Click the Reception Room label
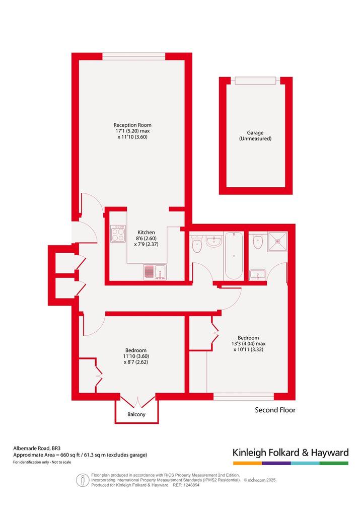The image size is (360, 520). pos(132,125)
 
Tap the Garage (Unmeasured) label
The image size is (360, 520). pos(255,135)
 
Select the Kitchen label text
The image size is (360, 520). pos(146,233)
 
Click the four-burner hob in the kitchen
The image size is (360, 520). pos(118,234)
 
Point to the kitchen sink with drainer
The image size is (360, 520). pos(155,272)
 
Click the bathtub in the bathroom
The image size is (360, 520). pos(234,256)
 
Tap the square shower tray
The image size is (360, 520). pos(278,242)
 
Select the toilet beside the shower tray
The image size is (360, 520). pos(258,241)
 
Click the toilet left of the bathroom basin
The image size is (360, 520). pos(197,244)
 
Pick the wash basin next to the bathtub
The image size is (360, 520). pos(214,241)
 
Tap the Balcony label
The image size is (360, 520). pos(136,414)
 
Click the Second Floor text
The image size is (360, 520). pos(275,410)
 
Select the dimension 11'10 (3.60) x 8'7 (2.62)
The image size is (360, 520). pos(136,359)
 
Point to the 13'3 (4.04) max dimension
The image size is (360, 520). pos(249,344)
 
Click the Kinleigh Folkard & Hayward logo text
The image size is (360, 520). pos(291,453)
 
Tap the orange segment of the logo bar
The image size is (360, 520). pos(247,463)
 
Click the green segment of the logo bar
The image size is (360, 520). pos(334,463)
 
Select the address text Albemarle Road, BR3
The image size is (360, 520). pos(37,449)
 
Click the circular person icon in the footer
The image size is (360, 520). pos(82,480)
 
